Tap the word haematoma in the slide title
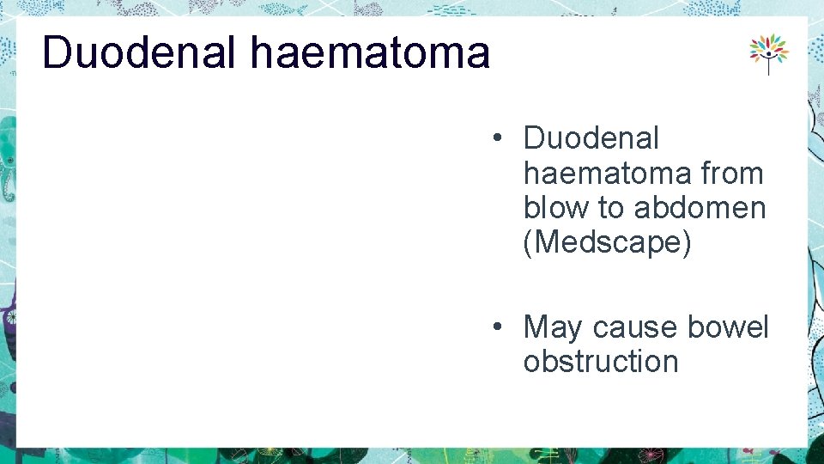coord(370,52)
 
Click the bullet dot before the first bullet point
coord(497,138)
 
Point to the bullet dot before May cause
coord(497,327)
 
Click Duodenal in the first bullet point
coord(591,138)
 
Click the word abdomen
coord(700,208)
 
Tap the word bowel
coord(728,327)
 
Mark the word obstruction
coord(601,362)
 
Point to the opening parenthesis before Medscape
coord(528,242)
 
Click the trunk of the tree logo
coord(768,67)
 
